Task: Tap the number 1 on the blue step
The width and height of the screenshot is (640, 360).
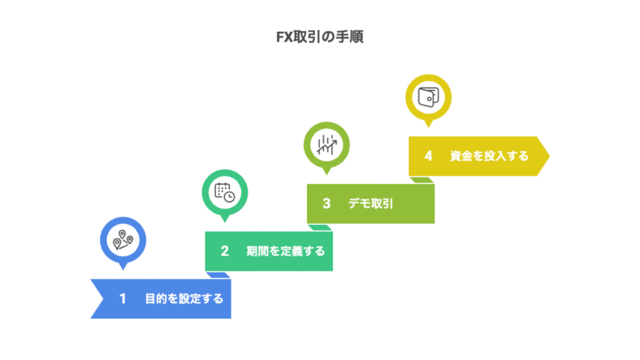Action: (x=122, y=299)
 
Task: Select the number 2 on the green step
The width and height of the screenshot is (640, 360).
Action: (x=224, y=251)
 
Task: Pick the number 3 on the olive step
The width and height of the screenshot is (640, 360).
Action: (x=326, y=203)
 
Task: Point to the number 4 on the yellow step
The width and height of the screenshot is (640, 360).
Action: (x=428, y=156)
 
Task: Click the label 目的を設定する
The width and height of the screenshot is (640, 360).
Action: (x=184, y=299)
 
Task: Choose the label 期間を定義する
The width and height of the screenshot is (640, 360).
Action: (x=286, y=251)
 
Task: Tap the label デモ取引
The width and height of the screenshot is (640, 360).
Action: (x=371, y=203)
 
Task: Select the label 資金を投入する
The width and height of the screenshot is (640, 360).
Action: (x=489, y=156)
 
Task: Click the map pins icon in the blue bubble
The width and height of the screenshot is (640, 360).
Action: (x=122, y=240)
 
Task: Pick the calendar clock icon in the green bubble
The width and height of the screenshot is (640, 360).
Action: (x=224, y=191)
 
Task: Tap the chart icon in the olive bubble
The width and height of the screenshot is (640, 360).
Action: (x=326, y=144)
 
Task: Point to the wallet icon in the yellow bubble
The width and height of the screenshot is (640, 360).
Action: (x=428, y=97)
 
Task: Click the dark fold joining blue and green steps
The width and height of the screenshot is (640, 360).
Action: (x=219, y=275)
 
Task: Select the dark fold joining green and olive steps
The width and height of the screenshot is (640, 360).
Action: (x=321, y=227)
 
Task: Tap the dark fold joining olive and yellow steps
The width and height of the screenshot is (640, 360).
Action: (x=422, y=180)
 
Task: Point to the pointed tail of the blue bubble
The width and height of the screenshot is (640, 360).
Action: (x=122, y=266)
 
